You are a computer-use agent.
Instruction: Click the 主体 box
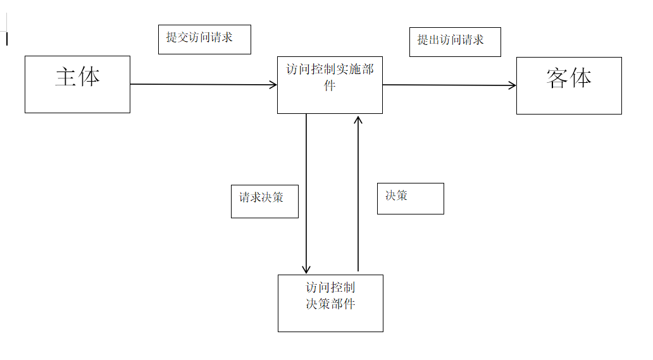(77, 84)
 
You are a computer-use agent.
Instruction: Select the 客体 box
(569, 85)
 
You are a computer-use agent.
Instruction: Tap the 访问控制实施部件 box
(330, 85)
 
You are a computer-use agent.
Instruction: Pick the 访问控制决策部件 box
(330, 303)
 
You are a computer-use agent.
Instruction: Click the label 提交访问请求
(204, 39)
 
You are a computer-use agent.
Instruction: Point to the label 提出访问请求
(455, 42)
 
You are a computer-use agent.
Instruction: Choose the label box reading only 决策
(410, 198)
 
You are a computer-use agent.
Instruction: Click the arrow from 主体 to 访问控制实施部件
(202, 84)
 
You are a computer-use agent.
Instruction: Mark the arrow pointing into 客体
(449, 85)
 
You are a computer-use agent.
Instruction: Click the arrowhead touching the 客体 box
(512, 85)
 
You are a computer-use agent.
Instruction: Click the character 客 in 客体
(557, 78)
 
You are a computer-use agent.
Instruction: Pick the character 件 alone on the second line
(330, 87)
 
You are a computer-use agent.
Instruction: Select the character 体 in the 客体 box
(581, 78)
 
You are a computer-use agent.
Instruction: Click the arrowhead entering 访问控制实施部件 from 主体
(273, 85)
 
